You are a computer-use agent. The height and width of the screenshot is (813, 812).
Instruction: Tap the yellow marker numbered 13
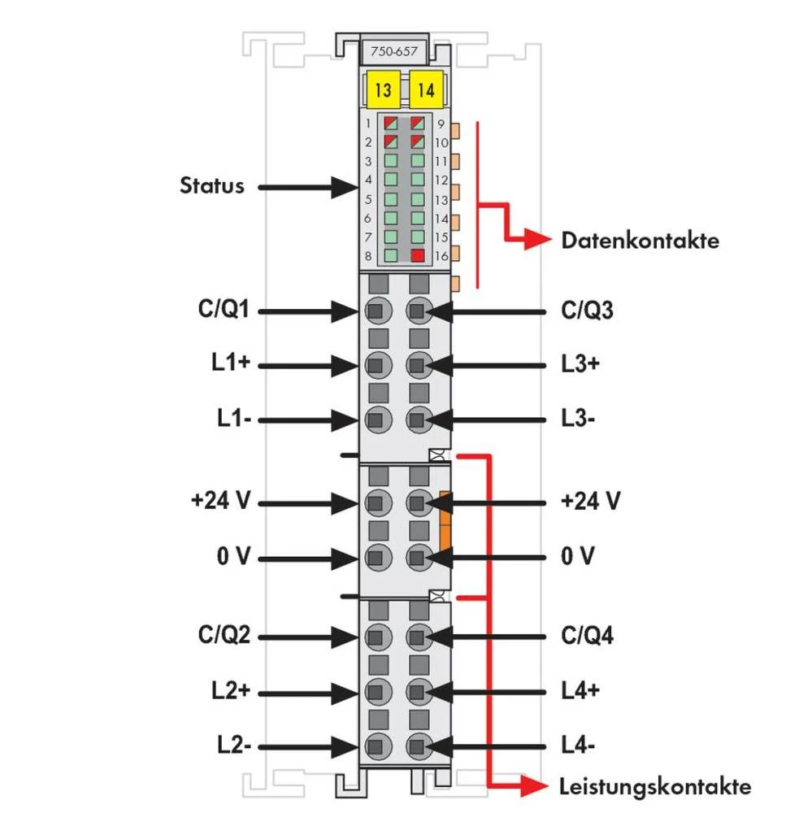383,90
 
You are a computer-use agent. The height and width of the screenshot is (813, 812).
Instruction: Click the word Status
211,185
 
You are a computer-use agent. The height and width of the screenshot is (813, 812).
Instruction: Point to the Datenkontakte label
640,241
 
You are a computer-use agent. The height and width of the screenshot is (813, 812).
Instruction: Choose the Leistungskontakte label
655,786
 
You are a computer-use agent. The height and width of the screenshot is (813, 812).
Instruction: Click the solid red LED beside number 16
418,256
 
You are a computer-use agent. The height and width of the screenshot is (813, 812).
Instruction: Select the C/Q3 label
588,310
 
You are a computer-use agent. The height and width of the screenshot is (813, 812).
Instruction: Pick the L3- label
580,420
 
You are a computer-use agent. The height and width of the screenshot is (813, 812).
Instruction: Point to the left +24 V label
219,501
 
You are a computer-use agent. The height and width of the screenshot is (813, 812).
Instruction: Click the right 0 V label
578,557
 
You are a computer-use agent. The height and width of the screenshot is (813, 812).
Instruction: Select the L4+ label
580,690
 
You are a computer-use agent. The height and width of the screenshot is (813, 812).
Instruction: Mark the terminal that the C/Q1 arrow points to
376,310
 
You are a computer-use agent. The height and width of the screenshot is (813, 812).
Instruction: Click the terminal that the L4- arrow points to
418,746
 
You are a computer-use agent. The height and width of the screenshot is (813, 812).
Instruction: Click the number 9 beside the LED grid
440,124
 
